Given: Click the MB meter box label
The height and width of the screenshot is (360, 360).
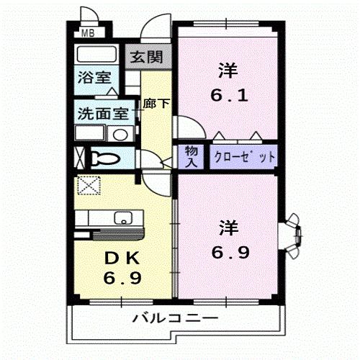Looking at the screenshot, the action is [88, 33].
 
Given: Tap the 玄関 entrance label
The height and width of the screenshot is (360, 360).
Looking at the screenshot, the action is [146, 57].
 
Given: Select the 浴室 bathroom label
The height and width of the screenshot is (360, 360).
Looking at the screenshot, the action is [94, 77].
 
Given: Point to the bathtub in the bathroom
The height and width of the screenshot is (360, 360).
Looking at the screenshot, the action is [96, 54].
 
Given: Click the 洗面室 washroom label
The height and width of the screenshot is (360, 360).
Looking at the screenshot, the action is [103, 114].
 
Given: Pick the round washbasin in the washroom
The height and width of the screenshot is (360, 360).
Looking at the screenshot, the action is [120, 135].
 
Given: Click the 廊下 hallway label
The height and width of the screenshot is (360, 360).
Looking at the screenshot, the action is [156, 104].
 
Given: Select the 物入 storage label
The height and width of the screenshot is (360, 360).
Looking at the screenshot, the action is [192, 157].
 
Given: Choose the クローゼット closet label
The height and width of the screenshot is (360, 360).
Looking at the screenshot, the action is [244, 157].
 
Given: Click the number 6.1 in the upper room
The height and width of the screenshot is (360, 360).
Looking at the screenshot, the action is [229, 95].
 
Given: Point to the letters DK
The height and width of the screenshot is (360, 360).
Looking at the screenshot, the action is [122, 258].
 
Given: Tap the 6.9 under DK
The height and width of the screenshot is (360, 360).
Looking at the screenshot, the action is [122, 278].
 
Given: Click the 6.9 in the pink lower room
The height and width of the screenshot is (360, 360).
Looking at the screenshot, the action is [230, 252].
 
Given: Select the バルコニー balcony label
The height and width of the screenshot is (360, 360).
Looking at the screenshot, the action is [176, 318].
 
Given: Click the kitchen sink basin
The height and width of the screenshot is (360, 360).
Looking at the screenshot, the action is [123, 217].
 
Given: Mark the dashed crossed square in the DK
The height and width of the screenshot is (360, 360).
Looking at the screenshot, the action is [89, 185].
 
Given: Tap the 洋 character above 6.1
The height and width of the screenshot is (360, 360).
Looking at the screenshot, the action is [228, 71].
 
